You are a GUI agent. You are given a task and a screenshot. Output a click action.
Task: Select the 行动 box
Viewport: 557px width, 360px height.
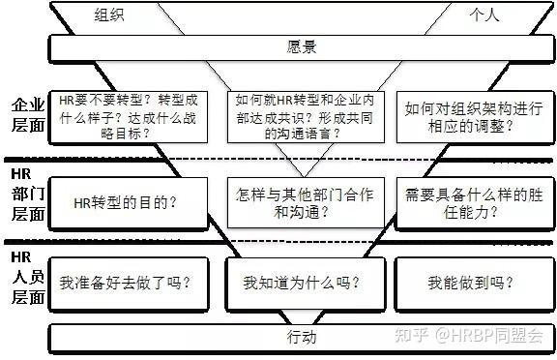[302, 338]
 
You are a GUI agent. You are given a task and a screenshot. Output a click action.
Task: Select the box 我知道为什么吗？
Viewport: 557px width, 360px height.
[302, 284]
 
